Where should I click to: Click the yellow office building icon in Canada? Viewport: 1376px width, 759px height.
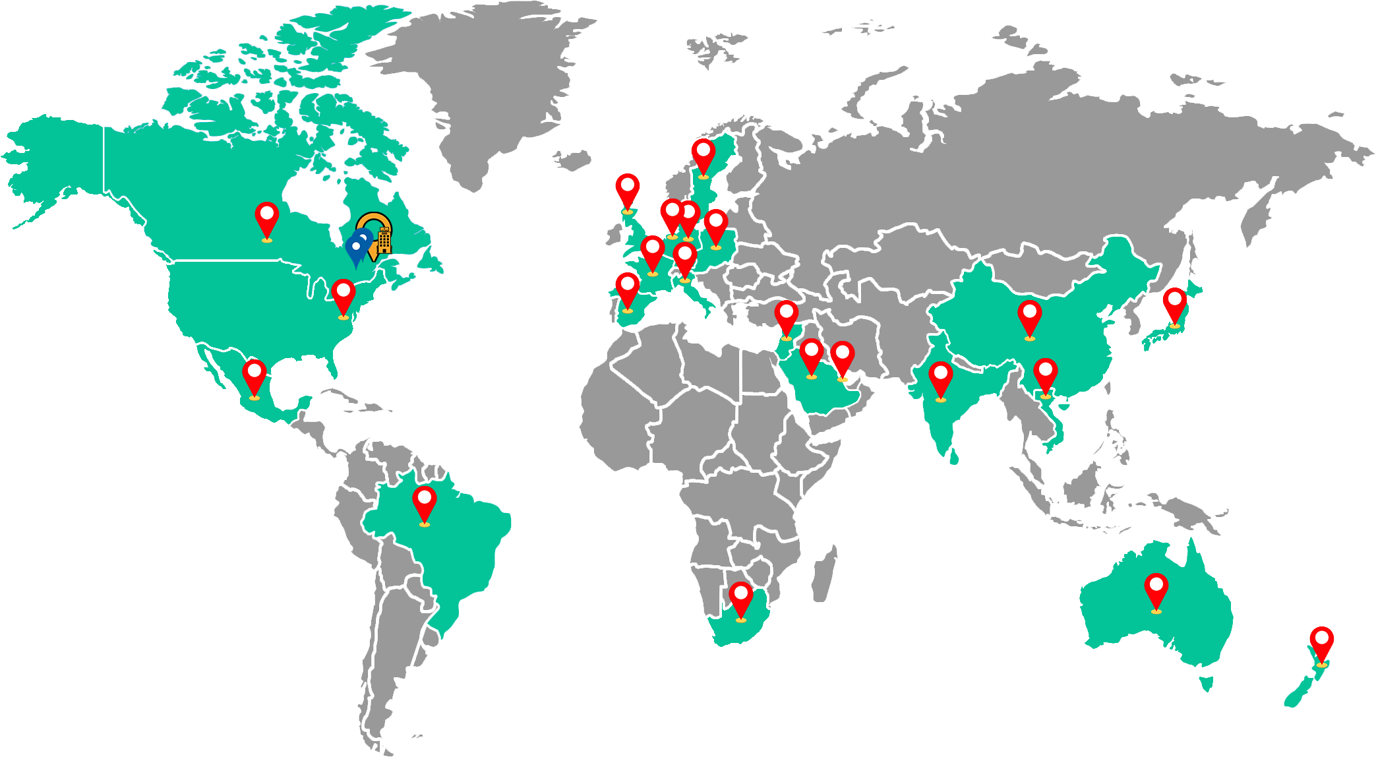(x=384, y=241)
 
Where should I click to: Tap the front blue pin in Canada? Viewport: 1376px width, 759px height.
(x=356, y=249)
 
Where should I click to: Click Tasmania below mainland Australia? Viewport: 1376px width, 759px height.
(x=1207, y=684)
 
